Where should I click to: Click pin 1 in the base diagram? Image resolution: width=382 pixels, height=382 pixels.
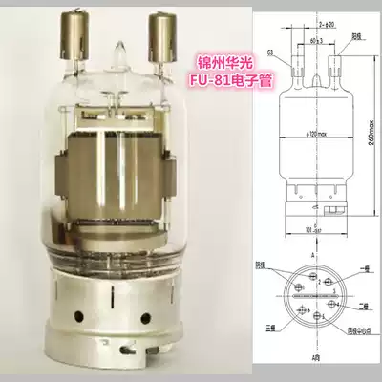point(312,286)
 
